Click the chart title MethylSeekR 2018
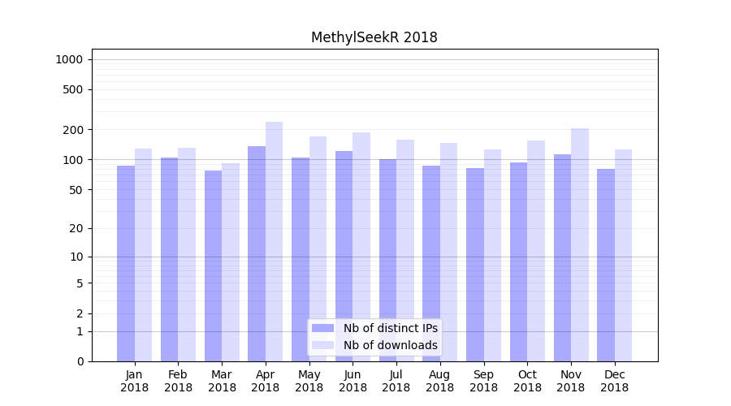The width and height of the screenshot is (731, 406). (x=374, y=37)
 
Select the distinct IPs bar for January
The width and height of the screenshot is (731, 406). (x=126, y=264)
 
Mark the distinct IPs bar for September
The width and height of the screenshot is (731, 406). (x=475, y=265)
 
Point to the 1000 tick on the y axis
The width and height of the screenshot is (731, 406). (x=69, y=59)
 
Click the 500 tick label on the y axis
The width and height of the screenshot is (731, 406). (x=73, y=89)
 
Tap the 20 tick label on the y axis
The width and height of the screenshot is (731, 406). (x=76, y=228)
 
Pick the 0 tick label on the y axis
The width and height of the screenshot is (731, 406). (x=80, y=361)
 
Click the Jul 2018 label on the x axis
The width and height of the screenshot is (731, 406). (x=396, y=381)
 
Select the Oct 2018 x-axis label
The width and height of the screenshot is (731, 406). (x=527, y=381)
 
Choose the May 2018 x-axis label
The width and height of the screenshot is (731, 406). (x=309, y=381)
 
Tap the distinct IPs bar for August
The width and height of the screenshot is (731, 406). (x=431, y=264)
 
